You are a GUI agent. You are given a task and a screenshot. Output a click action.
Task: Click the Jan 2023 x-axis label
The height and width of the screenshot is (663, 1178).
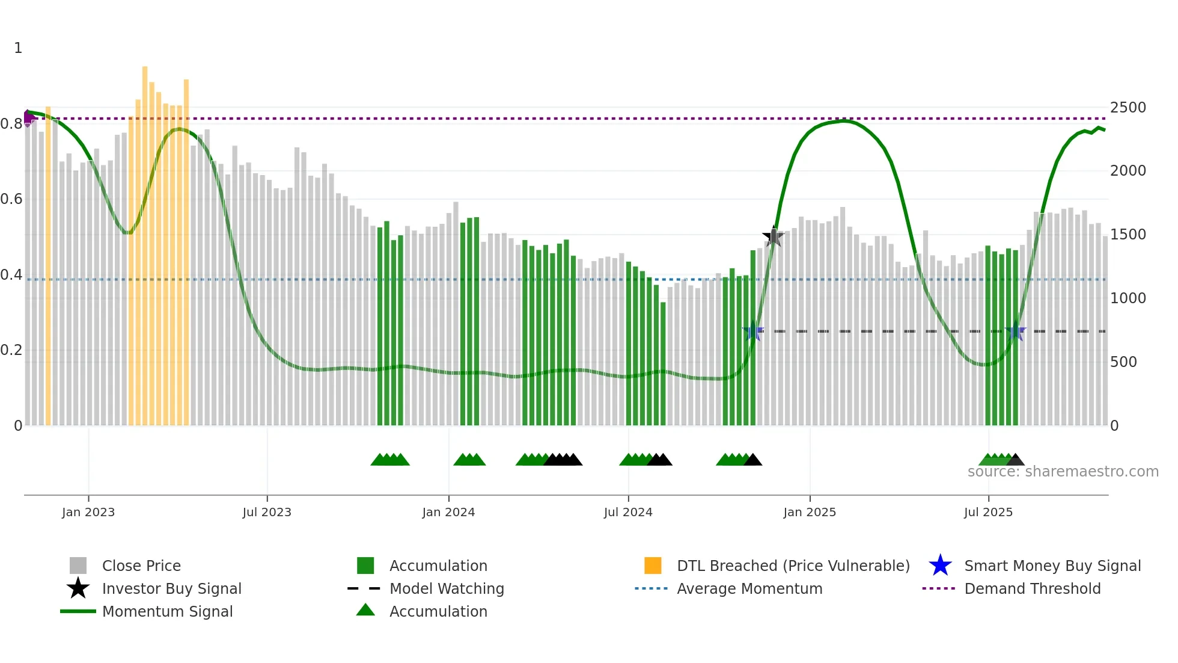88,512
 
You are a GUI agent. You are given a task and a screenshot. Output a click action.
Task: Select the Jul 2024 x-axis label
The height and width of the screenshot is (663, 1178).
628,512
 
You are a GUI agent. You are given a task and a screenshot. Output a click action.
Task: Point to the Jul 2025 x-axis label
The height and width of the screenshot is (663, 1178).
988,512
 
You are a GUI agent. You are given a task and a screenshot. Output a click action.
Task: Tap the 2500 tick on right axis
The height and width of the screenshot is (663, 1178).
1128,108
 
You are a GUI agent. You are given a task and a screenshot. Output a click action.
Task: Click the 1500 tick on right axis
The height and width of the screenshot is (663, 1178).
1128,235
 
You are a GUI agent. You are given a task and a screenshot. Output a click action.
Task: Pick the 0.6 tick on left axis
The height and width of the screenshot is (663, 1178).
11,199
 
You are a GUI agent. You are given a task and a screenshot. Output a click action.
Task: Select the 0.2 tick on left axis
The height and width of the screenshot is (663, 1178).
11,350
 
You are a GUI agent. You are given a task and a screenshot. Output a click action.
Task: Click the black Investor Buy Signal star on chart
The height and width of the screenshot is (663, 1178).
774,236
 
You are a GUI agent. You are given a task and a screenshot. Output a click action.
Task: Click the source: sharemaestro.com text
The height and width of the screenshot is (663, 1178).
1063,472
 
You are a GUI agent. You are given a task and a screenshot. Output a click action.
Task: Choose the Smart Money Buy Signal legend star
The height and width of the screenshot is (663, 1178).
940,566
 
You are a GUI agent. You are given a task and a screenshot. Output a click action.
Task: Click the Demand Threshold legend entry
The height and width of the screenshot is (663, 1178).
1032,588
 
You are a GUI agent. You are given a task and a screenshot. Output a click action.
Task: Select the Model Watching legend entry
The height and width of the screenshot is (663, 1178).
446,588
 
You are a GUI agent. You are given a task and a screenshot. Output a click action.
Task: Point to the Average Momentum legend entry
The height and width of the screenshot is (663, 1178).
749,588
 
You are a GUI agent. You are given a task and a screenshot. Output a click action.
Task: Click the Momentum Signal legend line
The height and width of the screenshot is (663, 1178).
78,611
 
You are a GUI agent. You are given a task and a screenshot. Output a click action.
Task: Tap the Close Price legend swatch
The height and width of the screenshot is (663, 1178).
78,566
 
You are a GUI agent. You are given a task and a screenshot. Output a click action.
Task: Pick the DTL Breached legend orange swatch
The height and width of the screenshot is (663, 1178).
653,566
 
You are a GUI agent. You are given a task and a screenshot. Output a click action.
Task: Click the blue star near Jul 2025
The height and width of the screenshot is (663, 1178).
1015,331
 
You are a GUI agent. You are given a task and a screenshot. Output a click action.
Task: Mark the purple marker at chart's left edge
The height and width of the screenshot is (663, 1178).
28,118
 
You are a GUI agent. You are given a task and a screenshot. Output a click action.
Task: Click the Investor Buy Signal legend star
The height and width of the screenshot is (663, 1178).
78,588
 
